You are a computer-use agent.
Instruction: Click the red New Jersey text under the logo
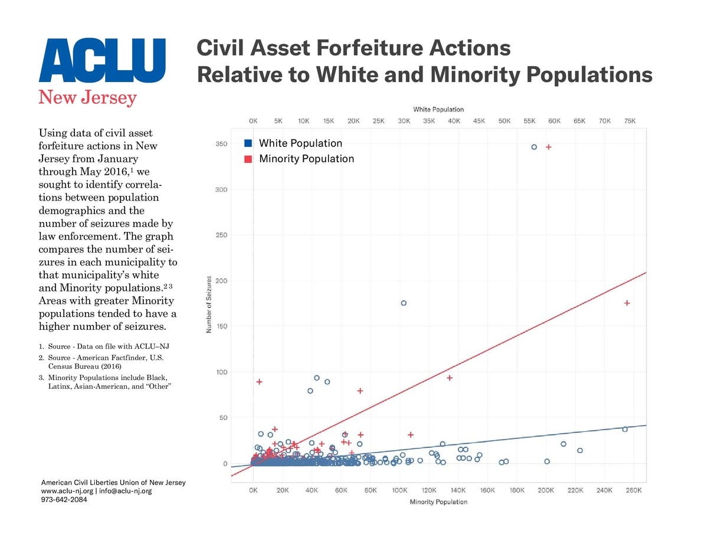click(87, 97)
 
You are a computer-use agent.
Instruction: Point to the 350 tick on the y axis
click(221, 144)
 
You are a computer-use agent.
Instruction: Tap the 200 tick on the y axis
click(221, 281)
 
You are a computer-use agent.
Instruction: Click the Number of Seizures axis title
click(209, 304)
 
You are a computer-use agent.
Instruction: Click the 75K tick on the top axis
click(630, 121)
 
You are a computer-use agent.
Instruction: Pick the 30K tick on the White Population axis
click(404, 121)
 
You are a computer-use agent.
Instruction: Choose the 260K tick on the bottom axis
click(633, 490)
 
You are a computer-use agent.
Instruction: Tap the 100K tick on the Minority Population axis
click(399, 490)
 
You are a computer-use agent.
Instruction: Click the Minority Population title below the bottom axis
click(438, 502)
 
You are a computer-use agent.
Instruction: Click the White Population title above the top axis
click(438, 110)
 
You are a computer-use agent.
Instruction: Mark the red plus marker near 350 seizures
click(548, 147)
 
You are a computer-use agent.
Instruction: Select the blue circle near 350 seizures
click(534, 147)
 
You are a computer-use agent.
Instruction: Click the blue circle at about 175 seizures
click(404, 303)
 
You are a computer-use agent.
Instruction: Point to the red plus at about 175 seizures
click(627, 303)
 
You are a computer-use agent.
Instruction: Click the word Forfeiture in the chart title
click(372, 48)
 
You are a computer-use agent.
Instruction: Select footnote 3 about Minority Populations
click(108, 381)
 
